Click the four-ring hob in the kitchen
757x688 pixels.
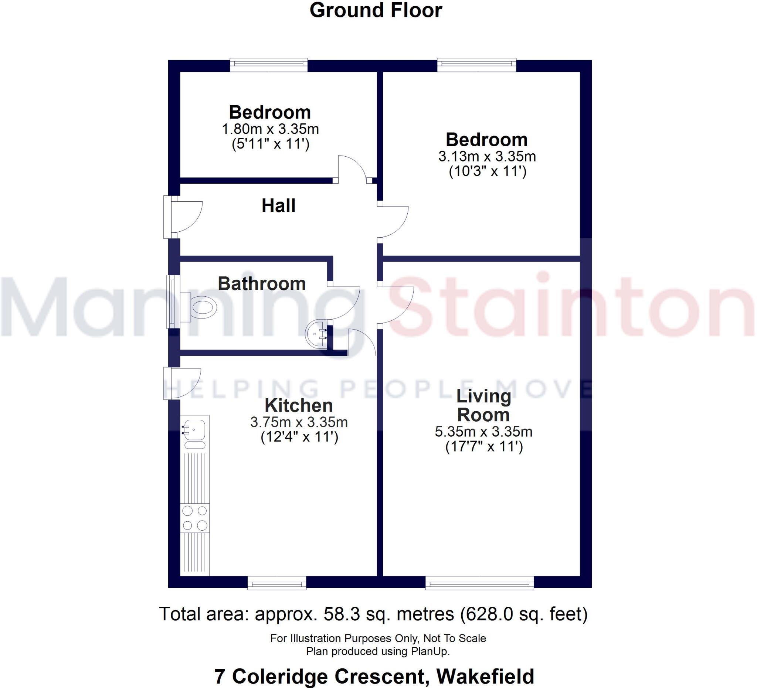(x=194, y=518)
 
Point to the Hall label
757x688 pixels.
(x=278, y=206)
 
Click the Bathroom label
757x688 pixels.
(x=262, y=283)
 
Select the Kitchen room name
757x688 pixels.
(x=299, y=405)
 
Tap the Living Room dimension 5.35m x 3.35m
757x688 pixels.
(x=483, y=432)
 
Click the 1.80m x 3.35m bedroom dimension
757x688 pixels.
(x=270, y=129)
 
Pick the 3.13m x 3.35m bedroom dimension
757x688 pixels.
(x=487, y=156)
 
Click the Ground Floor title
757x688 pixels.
(x=376, y=10)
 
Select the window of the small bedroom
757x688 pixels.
(x=268, y=65)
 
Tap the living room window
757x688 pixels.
(x=479, y=583)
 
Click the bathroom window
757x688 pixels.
(x=173, y=302)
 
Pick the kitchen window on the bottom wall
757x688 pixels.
(x=277, y=583)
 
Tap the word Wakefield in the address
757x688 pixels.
(x=485, y=677)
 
